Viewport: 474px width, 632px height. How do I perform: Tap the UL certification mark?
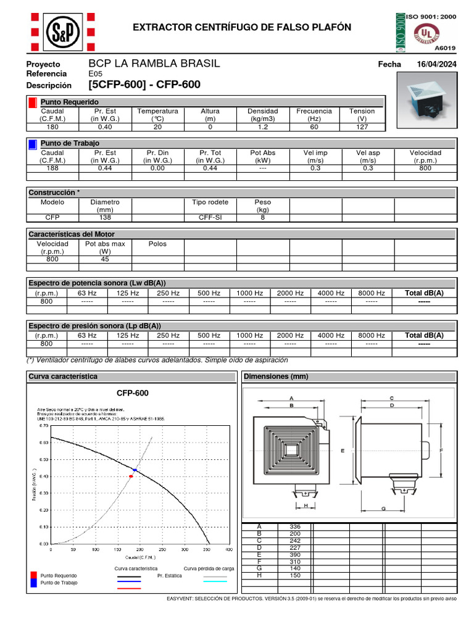(426, 31)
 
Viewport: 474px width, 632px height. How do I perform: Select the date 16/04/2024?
(436, 65)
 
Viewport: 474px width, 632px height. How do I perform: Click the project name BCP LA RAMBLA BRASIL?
(154, 64)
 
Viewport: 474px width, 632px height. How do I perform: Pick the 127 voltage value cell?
(362, 127)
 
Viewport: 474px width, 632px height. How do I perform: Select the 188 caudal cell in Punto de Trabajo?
(52, 168)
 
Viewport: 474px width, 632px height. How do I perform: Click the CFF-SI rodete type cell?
(210, 217)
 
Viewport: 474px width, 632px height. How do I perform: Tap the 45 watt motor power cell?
(105, 259)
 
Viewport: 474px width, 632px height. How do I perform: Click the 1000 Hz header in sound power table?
(249, 293)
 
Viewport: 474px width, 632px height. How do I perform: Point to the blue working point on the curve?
(135, 470)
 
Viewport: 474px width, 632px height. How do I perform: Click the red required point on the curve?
(131, 476)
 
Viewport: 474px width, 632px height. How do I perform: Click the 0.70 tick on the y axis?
(43, 426)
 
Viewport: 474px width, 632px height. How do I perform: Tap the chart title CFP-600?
(133, 393)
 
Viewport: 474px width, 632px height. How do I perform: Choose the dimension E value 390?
(294, 554)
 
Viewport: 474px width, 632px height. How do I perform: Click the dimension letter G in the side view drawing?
(383, 509)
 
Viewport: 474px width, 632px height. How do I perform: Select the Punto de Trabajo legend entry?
(59, 583)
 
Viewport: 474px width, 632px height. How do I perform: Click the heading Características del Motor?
(72, 234)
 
